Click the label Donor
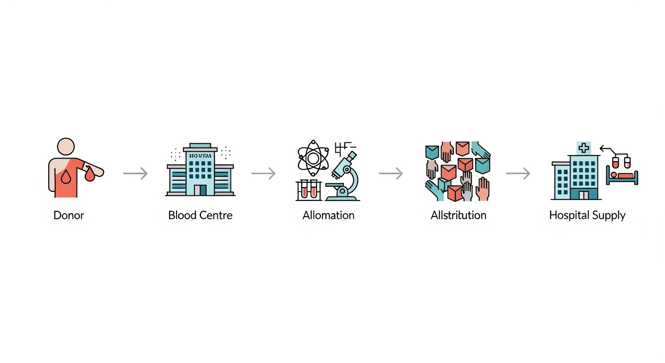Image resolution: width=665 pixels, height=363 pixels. tap(68, 216)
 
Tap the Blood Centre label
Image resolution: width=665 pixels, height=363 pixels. tap(200, 216)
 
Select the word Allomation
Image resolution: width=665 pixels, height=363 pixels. tap(328, 216)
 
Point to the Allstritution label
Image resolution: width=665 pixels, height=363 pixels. tap(458, 216)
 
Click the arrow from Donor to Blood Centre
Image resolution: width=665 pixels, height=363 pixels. tap(136, 174)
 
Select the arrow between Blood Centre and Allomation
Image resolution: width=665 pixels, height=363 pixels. tap(263, 174)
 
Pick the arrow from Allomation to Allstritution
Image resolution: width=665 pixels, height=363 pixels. tap(391, 174)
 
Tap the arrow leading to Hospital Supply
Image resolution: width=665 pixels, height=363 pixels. tap(518, 174)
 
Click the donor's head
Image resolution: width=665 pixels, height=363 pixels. tap(66, 147)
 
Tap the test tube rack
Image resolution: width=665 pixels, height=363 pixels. tap(308, 190)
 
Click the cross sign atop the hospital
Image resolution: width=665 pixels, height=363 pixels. tap(584, 148)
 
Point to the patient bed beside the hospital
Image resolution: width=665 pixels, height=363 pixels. tap(622, 178)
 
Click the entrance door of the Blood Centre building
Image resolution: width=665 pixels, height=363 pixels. tap(203, 190)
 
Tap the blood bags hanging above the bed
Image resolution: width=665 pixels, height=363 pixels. tap(621, 162)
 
